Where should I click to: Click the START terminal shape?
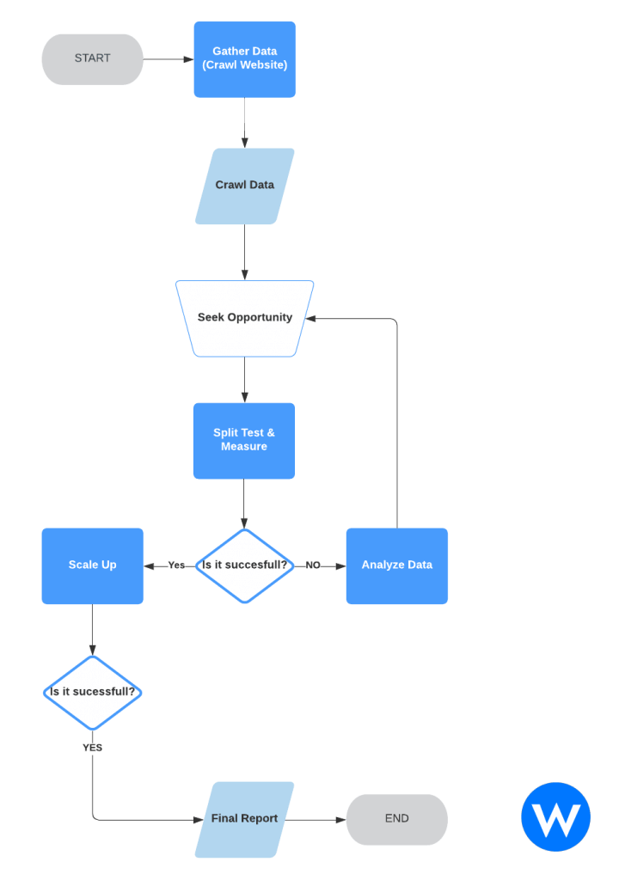pyautogui.click(x=93, y=59)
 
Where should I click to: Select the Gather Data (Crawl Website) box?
pyautogui.click(x=245, y=59)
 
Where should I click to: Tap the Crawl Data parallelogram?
pyautogui.click(x=245, y=186)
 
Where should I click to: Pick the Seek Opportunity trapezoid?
pyautogui.click(x=245, y=318)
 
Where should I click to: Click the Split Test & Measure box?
pyautogui.click(x=244, y=441)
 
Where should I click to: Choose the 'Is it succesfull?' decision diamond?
pyautogui.click(x=245, y=565)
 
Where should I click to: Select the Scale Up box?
pyautogui.click(x=93, y=565)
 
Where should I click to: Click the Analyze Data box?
pyautogui.click(x=397, y=565)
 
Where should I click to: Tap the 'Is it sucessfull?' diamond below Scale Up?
pyautogui.click(x=93, y=693)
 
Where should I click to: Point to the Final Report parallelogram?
pyautogui.click(x=245, y=819)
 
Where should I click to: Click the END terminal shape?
pyautogui.click(x=397, y=819)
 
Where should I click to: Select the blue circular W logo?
pyautogui.click(x=555, y=816)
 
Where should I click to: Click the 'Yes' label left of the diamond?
pyautogui.click(x=176, y=565)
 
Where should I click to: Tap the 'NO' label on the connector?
pyautogui.click(x=313, y=565)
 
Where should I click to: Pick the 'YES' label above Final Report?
pyautogui.click(x=93, y=748)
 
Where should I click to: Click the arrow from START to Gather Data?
pyautogui.click(x=169, y=59)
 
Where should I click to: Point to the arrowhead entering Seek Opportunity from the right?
pyautogui.click(x=310, y=319)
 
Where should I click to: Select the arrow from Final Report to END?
pyautogui.click(x=316, y=820)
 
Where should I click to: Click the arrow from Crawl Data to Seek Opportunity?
pyautogui.click(x=245, y=252)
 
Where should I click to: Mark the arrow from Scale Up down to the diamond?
pyautogui.click(x=93, y=630)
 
